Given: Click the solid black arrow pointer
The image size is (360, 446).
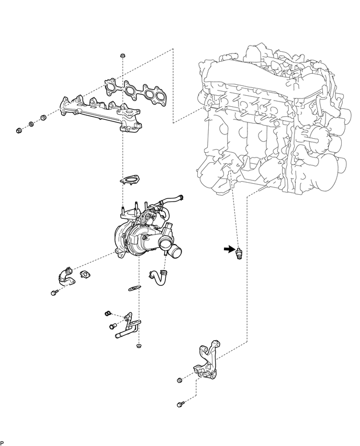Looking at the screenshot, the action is [x=228, y=249].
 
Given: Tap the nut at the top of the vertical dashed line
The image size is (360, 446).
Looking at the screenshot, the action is [x=122, y=55].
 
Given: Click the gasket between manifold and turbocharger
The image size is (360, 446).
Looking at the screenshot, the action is [x=130, y=180].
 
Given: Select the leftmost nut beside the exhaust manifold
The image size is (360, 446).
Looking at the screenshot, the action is [x=19, y=130].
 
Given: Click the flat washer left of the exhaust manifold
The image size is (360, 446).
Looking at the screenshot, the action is [x=31, y=124].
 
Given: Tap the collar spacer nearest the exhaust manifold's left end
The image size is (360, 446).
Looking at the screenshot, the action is [x=43, y=117].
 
